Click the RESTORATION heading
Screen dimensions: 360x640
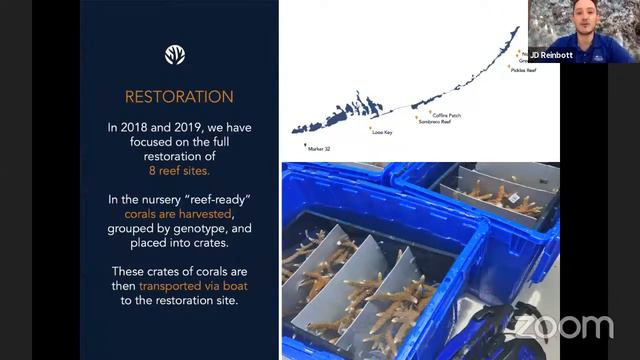(179, 97)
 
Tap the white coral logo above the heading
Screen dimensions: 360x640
(175, 55)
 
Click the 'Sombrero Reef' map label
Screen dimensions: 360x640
(436, 122)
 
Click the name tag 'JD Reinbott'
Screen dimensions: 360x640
(551, 56)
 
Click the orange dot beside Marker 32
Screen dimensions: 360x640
(305, 143)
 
